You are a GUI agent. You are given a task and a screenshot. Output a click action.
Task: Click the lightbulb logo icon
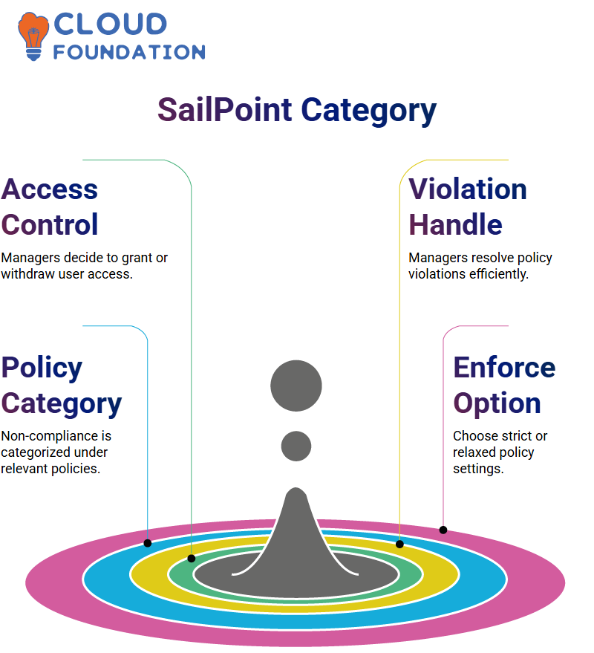tap(33, 36)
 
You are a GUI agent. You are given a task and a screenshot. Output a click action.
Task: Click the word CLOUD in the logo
tap(111, 24)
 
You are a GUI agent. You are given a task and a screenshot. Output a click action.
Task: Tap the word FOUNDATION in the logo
tap(129, 52)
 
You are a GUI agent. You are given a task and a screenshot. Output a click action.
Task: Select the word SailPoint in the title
tap(225, 109)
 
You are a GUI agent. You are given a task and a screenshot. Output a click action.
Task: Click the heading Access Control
tap(50, 207)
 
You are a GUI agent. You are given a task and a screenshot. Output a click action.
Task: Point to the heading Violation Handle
tap(468, 207)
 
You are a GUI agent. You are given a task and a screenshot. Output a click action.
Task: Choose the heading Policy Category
tap(61, 386)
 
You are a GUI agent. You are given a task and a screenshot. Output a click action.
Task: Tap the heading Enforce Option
tap(504, 386)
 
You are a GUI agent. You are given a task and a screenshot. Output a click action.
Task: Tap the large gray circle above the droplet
tap(296, 386)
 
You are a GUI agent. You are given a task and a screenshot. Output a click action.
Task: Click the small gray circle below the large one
tap(296, 446)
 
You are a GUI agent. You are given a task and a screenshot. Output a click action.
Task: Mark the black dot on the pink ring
tap(443, 530)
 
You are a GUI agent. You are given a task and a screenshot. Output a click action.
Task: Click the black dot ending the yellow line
tap(399, 544)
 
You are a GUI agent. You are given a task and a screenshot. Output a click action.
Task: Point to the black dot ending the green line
tap(192, 559)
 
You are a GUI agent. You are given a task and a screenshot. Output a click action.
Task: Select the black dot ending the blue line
tap(147, 543)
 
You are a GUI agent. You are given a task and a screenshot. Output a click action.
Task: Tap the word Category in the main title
tap(368, 111)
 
